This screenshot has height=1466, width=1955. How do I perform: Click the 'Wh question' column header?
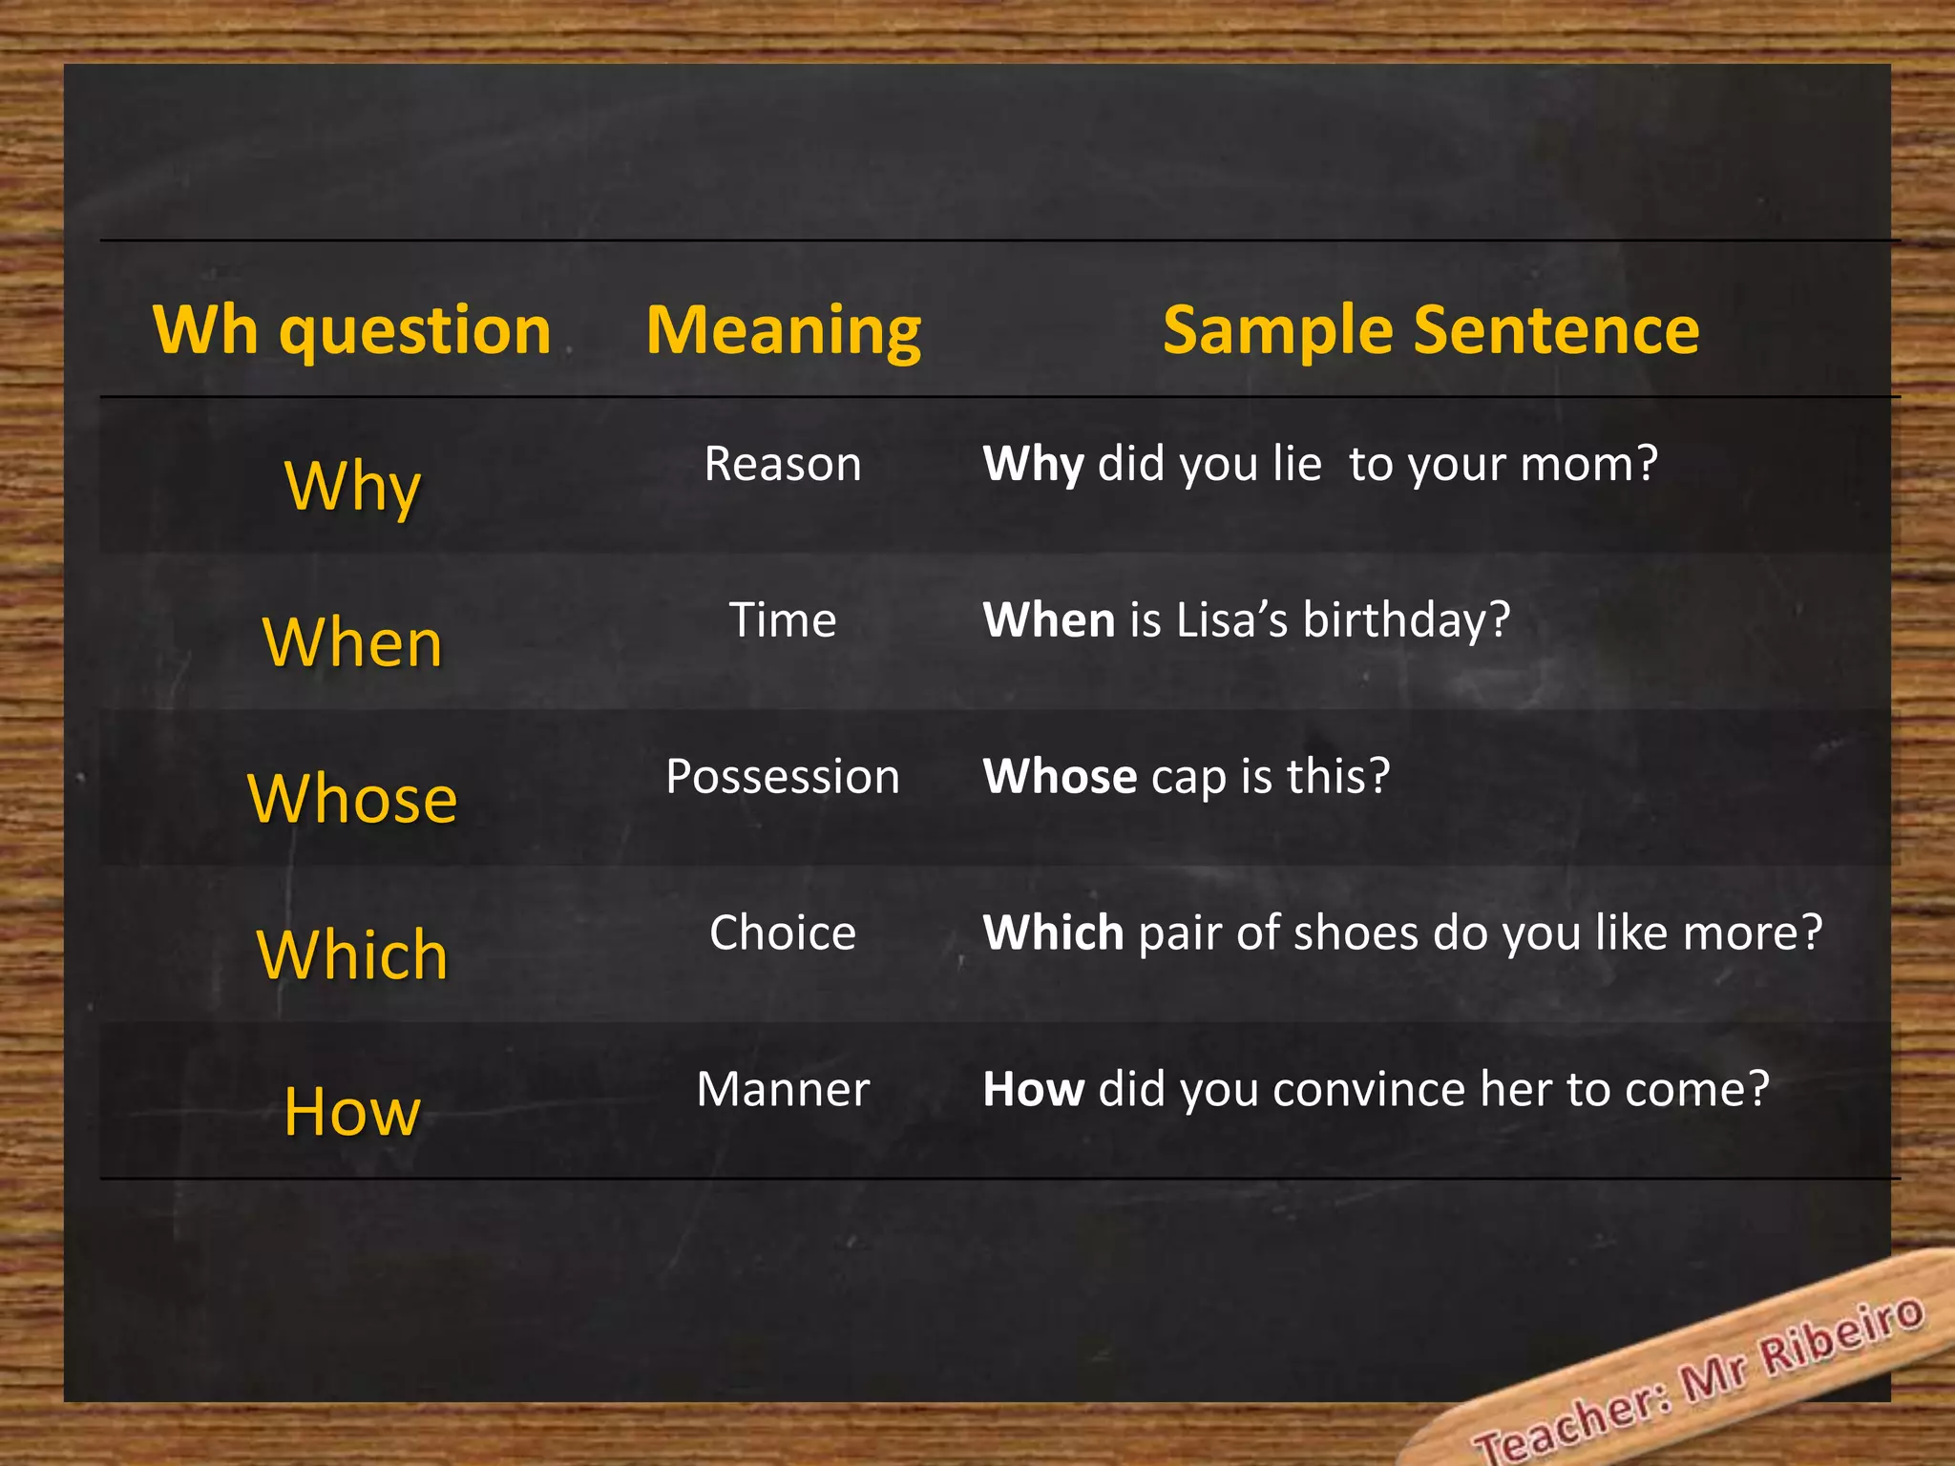point(352,330)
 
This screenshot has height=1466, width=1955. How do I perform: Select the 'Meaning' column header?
point(784,330)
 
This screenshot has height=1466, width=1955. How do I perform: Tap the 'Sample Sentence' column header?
point(1431,330)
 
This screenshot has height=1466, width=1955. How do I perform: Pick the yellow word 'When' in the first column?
point(352,642)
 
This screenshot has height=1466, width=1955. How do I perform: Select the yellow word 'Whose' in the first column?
point(352,798)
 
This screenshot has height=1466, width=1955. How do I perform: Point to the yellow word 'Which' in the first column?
point(352,954)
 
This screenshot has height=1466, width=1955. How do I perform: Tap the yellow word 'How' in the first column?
point(352,1111)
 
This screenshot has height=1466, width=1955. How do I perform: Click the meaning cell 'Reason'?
point(783,465)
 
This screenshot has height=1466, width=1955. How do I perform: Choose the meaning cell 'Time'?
point(783,620)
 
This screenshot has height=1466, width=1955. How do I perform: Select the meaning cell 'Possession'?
point(783,776)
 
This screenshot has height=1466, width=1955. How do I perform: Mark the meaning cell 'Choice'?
point(783,932)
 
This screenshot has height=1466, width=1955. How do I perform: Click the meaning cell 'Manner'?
point(783,1089)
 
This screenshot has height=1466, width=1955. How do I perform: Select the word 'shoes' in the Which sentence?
point(1356,932)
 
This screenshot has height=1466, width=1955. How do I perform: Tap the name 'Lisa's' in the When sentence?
point(1232,620)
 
